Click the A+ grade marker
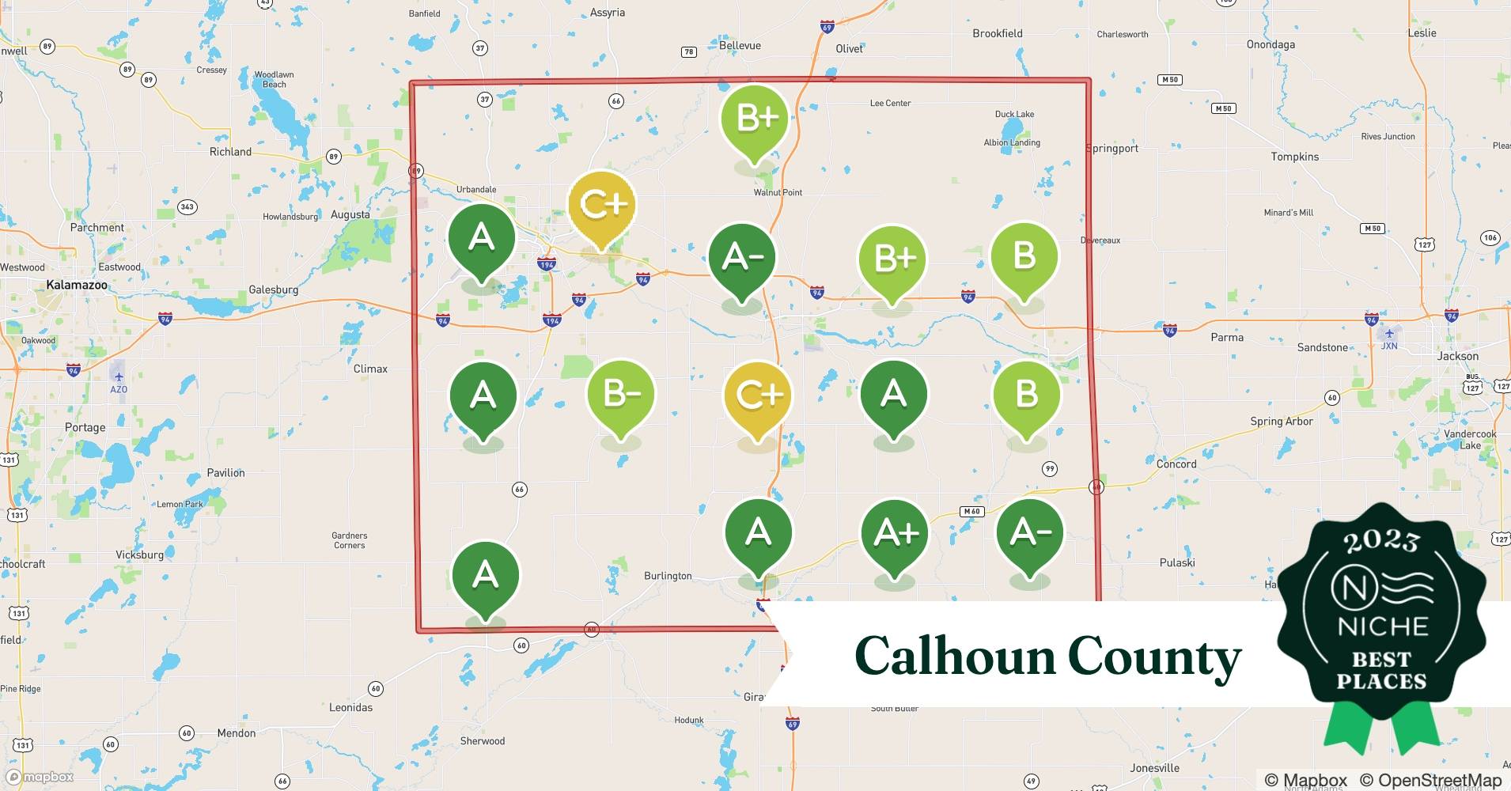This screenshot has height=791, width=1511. pyautogui.click(x=895, y=535)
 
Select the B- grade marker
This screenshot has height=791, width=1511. pyautogui.click(x=621, y=394)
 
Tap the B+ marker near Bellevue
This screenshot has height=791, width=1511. pyautogui.click(x=755, y=119)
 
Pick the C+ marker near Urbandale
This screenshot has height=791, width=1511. pyautogui.click(x=602, y=206)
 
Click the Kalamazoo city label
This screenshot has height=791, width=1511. pyautogui.click(x=76, y=285)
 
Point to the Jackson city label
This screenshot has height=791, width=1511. pyautogui.click(x=1457, y=356)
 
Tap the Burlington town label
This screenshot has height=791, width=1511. pyautogui.click(x=668, y=576)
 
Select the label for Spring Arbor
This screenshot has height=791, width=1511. pyautogui.click(x=1281, y=422)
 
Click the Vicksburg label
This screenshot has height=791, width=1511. pyautogui.click(x=139, y=554)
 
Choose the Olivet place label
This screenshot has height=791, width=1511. pyautogui.click(x=849, y=48)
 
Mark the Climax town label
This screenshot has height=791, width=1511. pyautogui.click(x=370, y=369)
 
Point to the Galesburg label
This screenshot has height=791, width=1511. pyautogui.click(x=273, y=290)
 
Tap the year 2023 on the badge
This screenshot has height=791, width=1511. pyautogui.click(x=1381, y=542)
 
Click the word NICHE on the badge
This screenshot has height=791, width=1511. pyautogui.click(x=1382, y=627)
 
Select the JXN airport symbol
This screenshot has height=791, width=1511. pyautogui.click(x=1389, y=334)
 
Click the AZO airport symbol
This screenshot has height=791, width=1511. pyautogui.click(x=119, y=377)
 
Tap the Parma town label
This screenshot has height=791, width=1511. pyautogui.click(x=1227, y=337)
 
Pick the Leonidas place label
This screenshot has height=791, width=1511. pyautogui.click(x=350, y=707)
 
